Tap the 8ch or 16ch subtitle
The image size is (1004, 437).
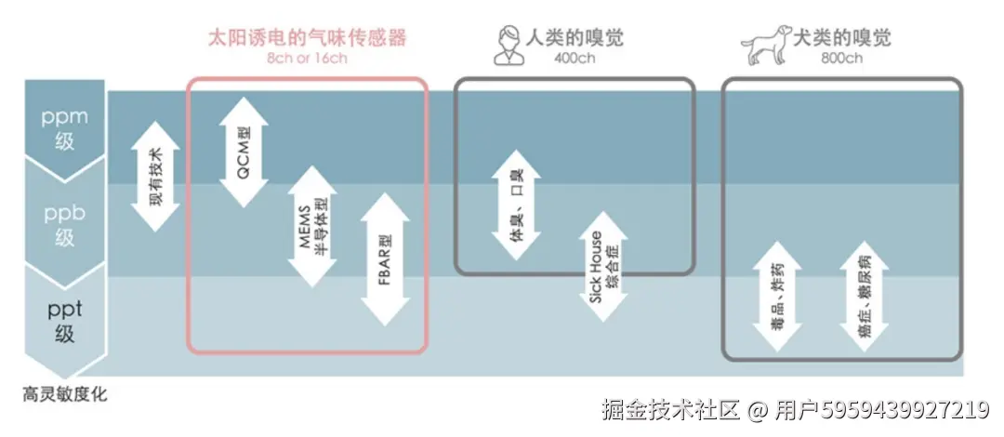[308, 59]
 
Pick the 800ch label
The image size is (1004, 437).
[842, 59]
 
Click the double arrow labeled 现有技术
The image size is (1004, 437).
[155, 176]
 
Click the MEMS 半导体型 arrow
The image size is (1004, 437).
[312, 226]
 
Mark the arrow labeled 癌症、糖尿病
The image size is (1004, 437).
[864, 296]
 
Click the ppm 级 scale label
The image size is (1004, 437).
[64, 129]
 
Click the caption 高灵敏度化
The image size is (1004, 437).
[65, 394]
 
